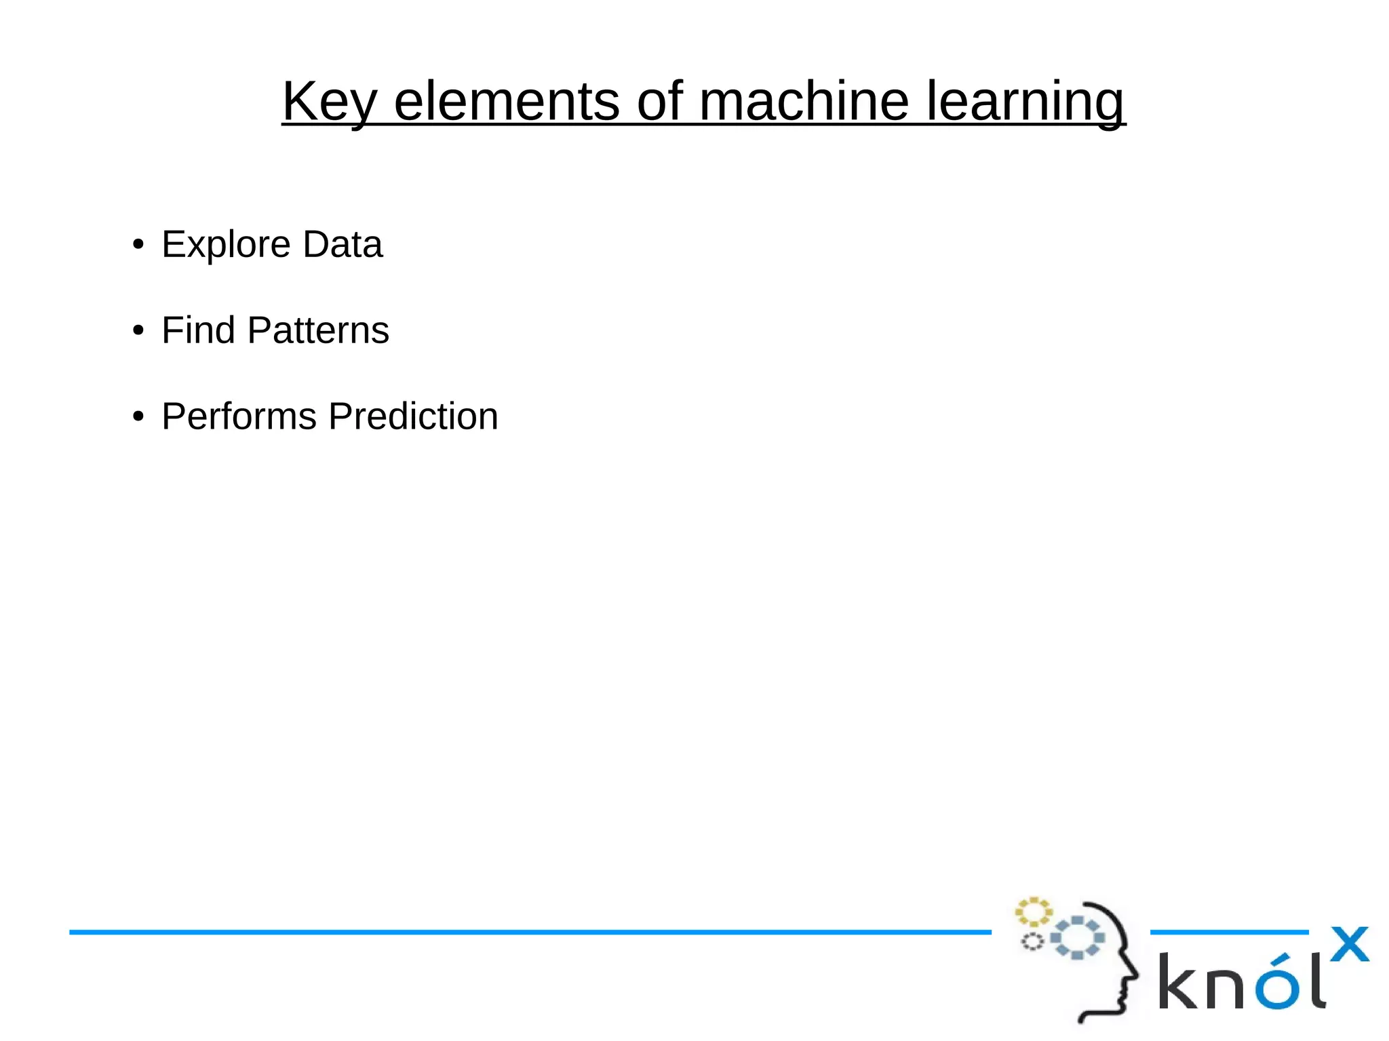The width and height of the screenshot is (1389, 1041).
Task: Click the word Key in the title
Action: pyautogui.click(x=329, y=102)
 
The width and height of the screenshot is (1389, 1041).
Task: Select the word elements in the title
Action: pyautogui.click(x=506, y=102)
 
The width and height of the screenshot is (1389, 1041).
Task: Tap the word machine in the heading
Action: pyautogui.click(x=804, y=102)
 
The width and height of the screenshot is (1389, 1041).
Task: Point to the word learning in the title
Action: pyautogui.click(x=1025, y=102)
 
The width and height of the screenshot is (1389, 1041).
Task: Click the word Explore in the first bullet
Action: pyautogui.click(x=226, y=245)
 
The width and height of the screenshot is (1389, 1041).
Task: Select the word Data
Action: pyautogui.click(x=343, y=244)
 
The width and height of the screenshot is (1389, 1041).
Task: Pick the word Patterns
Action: pyautogui.click(x=318, y=330)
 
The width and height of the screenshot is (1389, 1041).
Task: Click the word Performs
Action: pyautogui.click(x=239, y=416)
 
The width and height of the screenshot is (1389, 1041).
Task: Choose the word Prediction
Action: pyautogui.click(x=413, y=416)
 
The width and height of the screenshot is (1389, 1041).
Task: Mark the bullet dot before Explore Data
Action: pyautogui.click(x=138, y=245)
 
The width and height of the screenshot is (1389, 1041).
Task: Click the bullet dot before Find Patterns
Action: pyautogui.click(x=138, y=331)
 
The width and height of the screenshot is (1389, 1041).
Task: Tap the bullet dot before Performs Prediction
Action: pyautogui.click(x=138, y=416)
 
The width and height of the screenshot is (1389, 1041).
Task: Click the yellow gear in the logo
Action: pyautogui.click(x=1033, y=912)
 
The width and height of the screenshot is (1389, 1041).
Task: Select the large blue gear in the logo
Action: pyautogui.click(x=1077, y=938)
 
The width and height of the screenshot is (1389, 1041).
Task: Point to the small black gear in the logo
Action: pyautogui.click(x=1032, y=941)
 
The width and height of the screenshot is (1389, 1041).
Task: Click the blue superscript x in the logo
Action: pyautogui.click(x=1349, y=944)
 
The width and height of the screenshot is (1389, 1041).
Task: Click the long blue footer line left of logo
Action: pyautogui.click(x=529, y=932)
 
